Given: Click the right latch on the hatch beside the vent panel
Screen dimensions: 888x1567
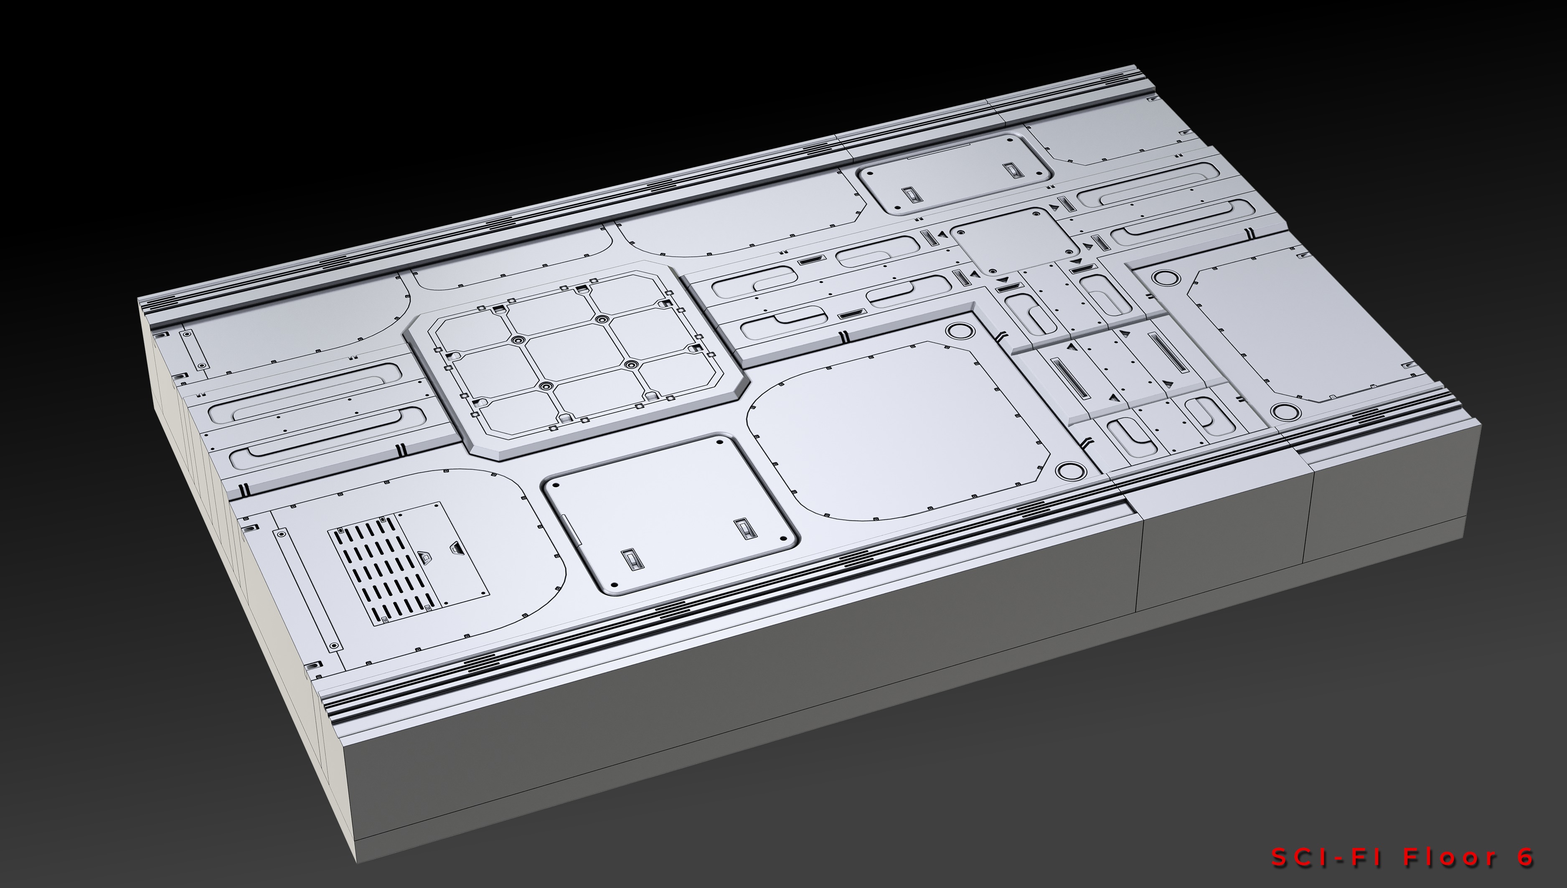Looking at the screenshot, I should click(743, 529).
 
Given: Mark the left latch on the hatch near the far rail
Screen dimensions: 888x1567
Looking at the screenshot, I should click(909, 195).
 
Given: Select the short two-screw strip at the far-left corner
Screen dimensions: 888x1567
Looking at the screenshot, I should click(193, 350).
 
